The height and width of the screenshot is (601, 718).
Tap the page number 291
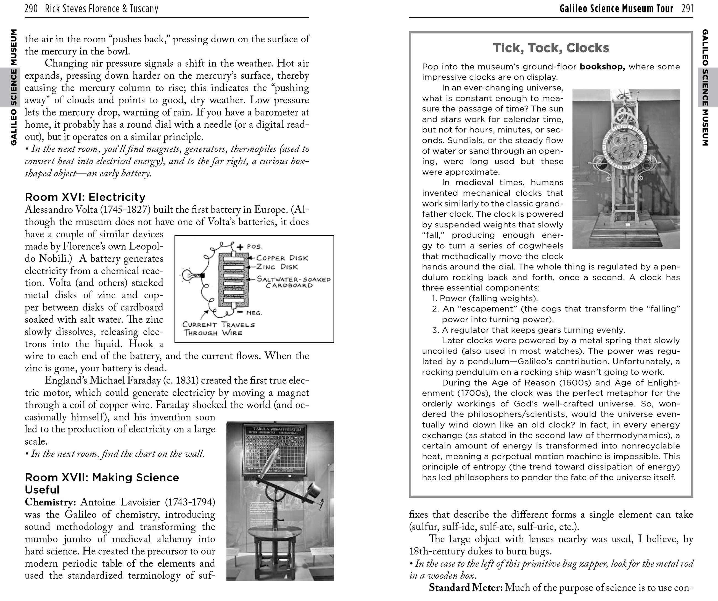687,9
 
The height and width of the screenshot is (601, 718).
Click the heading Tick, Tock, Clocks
551,48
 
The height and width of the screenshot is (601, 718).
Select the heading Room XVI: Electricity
85,197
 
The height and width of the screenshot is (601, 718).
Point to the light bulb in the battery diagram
189,275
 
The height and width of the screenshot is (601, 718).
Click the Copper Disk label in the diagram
282,258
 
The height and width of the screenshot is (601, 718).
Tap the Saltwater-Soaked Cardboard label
293,282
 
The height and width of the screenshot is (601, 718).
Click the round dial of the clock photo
625,147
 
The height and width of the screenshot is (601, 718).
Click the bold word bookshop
602,67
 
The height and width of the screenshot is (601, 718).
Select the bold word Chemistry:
50,502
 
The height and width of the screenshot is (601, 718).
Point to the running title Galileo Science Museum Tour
616,9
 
